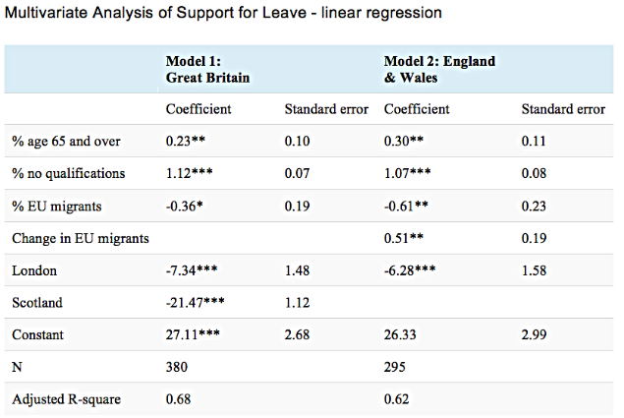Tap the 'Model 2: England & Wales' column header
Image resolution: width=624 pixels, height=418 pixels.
point(439,68)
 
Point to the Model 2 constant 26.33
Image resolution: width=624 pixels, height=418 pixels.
point(401,335)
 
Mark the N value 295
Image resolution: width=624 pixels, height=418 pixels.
point(395,368)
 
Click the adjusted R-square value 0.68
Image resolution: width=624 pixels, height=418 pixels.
point(179,400)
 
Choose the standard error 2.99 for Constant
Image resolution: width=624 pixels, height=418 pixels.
point(536,335)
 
